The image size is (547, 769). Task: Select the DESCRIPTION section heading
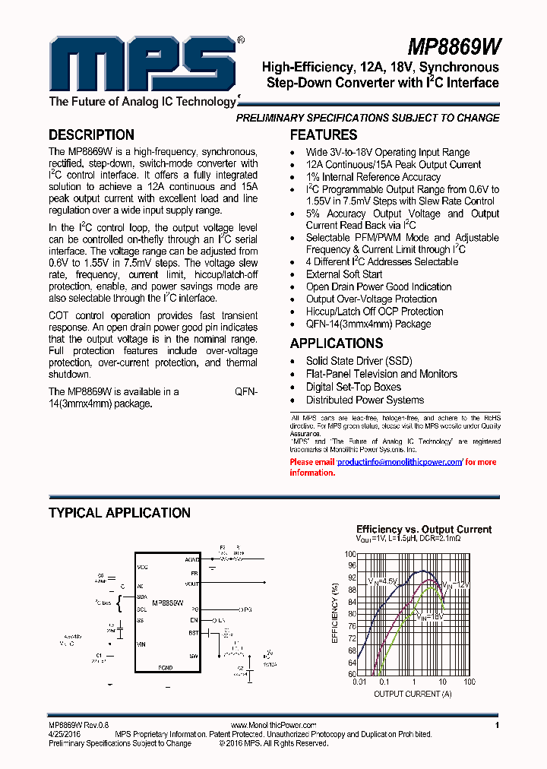[91, 135]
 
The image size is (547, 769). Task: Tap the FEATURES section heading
[324, 135]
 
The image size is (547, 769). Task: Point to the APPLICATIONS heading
[336, 343]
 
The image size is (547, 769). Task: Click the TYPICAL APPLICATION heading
[119, 513]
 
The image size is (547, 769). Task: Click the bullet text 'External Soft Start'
[343, 274]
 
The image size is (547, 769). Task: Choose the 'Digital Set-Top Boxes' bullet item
[353, 387]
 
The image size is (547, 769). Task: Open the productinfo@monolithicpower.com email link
[399, 462]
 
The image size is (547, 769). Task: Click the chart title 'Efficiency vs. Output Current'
[424, 530]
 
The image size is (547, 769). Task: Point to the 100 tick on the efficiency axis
[351, 554]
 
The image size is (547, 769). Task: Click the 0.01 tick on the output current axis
[359, 682]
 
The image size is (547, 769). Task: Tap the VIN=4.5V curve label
[383, 581]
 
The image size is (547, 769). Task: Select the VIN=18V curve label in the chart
[429, 617]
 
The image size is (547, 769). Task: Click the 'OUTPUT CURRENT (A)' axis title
[413, 693]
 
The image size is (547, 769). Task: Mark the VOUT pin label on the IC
[191, 584]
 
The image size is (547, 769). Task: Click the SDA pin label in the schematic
[141, 597]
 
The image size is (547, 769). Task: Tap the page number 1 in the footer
[496, 726]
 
